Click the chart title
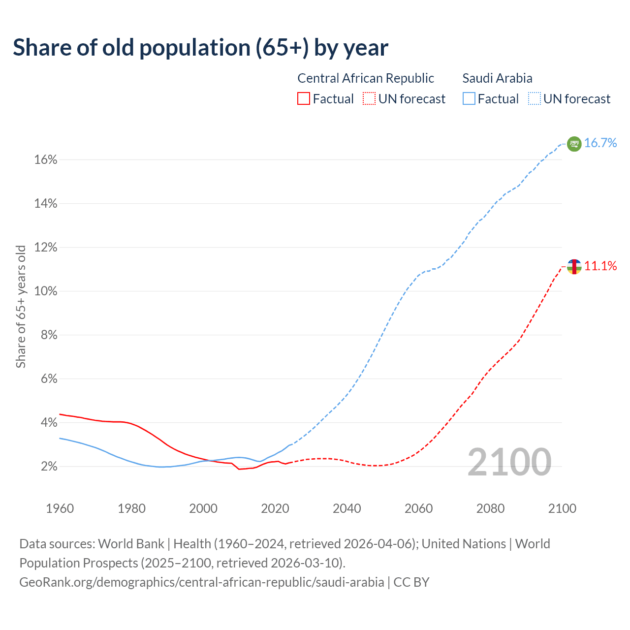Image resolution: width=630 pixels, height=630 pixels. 200,48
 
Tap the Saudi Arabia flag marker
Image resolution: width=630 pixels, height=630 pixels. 574,144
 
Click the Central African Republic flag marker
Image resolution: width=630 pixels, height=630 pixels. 574,267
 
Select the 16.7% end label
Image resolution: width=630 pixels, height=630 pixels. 600,143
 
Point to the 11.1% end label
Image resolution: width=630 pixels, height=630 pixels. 600,266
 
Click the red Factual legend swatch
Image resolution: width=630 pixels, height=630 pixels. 304,99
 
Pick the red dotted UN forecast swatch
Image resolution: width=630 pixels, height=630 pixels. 369,99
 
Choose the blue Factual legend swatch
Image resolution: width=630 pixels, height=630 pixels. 469,99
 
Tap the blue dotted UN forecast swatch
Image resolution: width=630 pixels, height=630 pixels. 535,99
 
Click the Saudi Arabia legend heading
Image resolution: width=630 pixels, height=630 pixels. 497,78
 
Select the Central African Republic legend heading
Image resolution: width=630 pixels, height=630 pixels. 366,78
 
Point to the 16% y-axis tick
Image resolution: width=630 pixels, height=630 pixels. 45,160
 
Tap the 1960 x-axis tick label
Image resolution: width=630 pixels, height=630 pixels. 60,508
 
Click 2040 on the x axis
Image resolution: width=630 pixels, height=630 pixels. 347,508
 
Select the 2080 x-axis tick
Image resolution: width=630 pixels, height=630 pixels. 490,508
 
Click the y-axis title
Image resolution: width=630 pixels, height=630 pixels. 21,306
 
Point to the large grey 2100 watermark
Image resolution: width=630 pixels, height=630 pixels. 509,462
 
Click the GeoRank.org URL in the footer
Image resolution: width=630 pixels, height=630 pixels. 202,582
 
